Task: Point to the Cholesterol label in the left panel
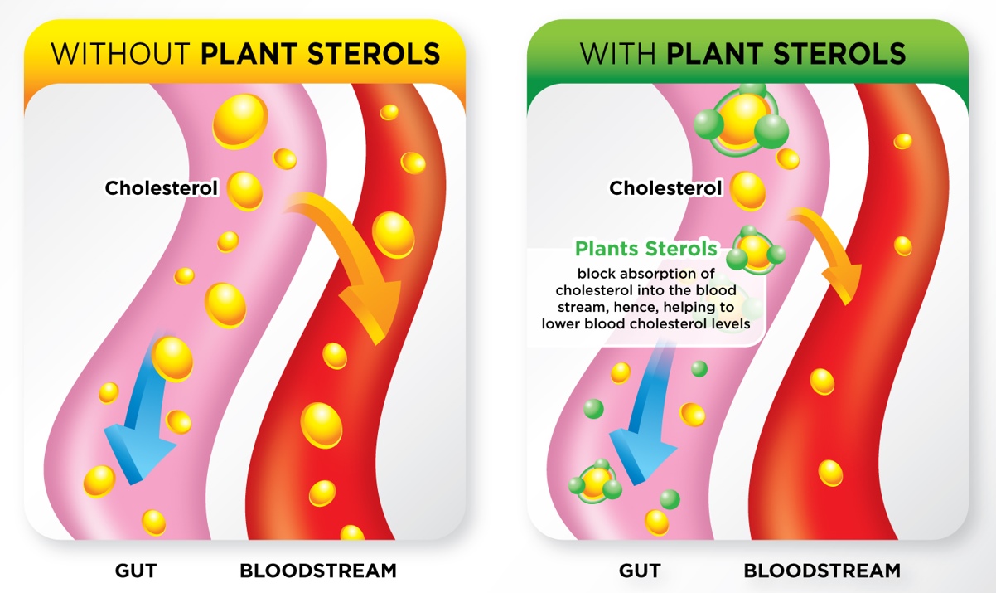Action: tap(161, 188)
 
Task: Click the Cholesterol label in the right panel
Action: tap(665, 188)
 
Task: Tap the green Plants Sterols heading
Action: tap(646, 249)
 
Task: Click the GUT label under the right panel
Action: tap(640, 571)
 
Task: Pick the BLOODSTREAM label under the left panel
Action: tap(318, 571)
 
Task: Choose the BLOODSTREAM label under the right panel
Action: tap(822, 571)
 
